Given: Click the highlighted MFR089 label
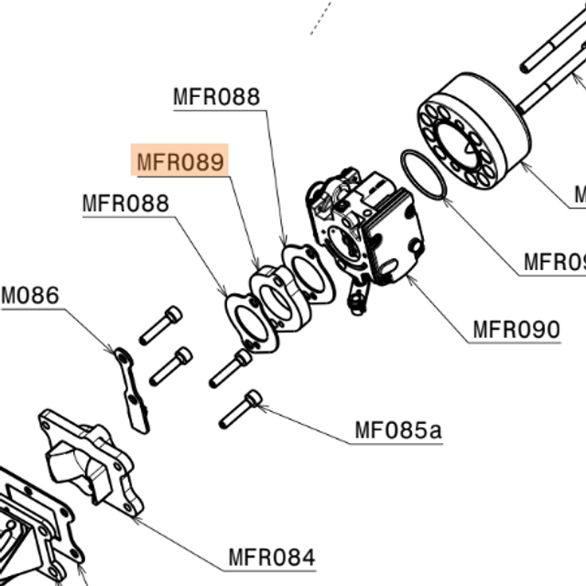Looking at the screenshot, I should tap(179, 162).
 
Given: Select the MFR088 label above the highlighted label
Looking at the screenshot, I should tap(216, 96).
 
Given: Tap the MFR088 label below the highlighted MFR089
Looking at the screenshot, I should tap(125, 202).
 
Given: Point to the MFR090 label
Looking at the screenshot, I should tap(515, 329).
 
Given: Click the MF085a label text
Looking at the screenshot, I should tap(397, 429).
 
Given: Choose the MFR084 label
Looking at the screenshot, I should tap(271, 557).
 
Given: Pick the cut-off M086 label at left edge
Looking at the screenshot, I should tap(29, 296).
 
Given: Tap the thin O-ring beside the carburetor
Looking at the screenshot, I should tap(424, 174).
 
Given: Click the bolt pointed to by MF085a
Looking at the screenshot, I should tap(240, 409).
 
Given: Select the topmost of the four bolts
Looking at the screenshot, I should tap(161, 325).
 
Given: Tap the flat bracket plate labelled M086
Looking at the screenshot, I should tap(131, 388).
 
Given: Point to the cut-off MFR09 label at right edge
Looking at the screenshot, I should tap(554, 263).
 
